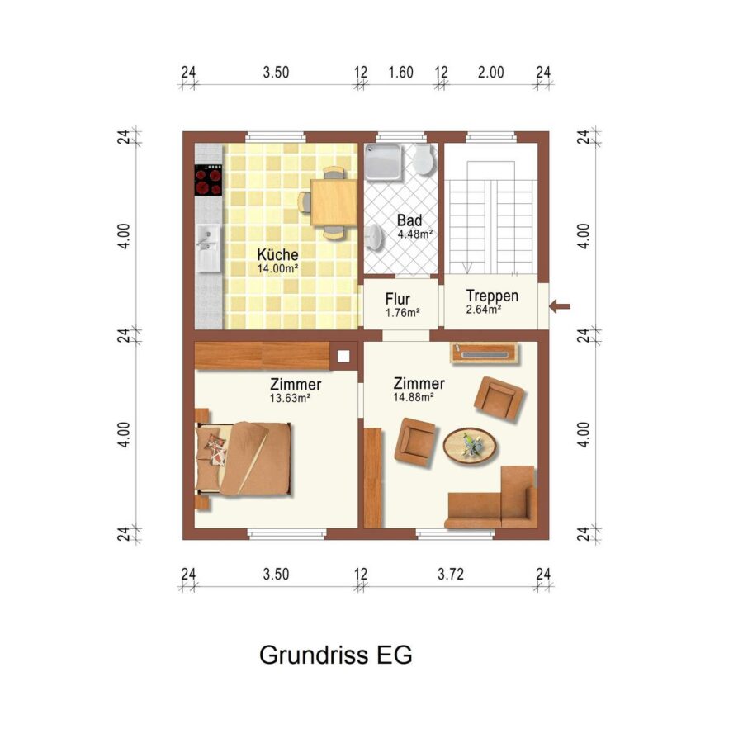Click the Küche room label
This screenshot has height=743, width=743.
click(277, 254)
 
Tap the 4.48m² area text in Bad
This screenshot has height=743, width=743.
click(415, 234)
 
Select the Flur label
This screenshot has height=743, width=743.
click(398, 299)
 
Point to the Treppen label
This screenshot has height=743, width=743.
click(492, 296)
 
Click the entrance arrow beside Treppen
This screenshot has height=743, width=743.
click(560, 306)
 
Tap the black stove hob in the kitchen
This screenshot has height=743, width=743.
click(209, 180)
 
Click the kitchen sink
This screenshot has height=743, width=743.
click(209, 248)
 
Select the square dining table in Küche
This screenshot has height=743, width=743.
click(334, 202)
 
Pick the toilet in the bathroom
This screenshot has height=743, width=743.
click(424, 159)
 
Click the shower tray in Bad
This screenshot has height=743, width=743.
click(383, 162)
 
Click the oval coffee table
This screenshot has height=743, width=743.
click(471, 446)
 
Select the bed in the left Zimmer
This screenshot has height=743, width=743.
click(244, 458)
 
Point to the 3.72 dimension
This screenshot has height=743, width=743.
click(451, 574)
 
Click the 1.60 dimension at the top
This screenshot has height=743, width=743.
click(401, 73)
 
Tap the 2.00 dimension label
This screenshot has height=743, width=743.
click(491, 73)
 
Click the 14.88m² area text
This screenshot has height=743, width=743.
click(414, 397)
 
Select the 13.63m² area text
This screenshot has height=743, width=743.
click(290, 398)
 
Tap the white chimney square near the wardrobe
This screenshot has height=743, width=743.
click(343, 356)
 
